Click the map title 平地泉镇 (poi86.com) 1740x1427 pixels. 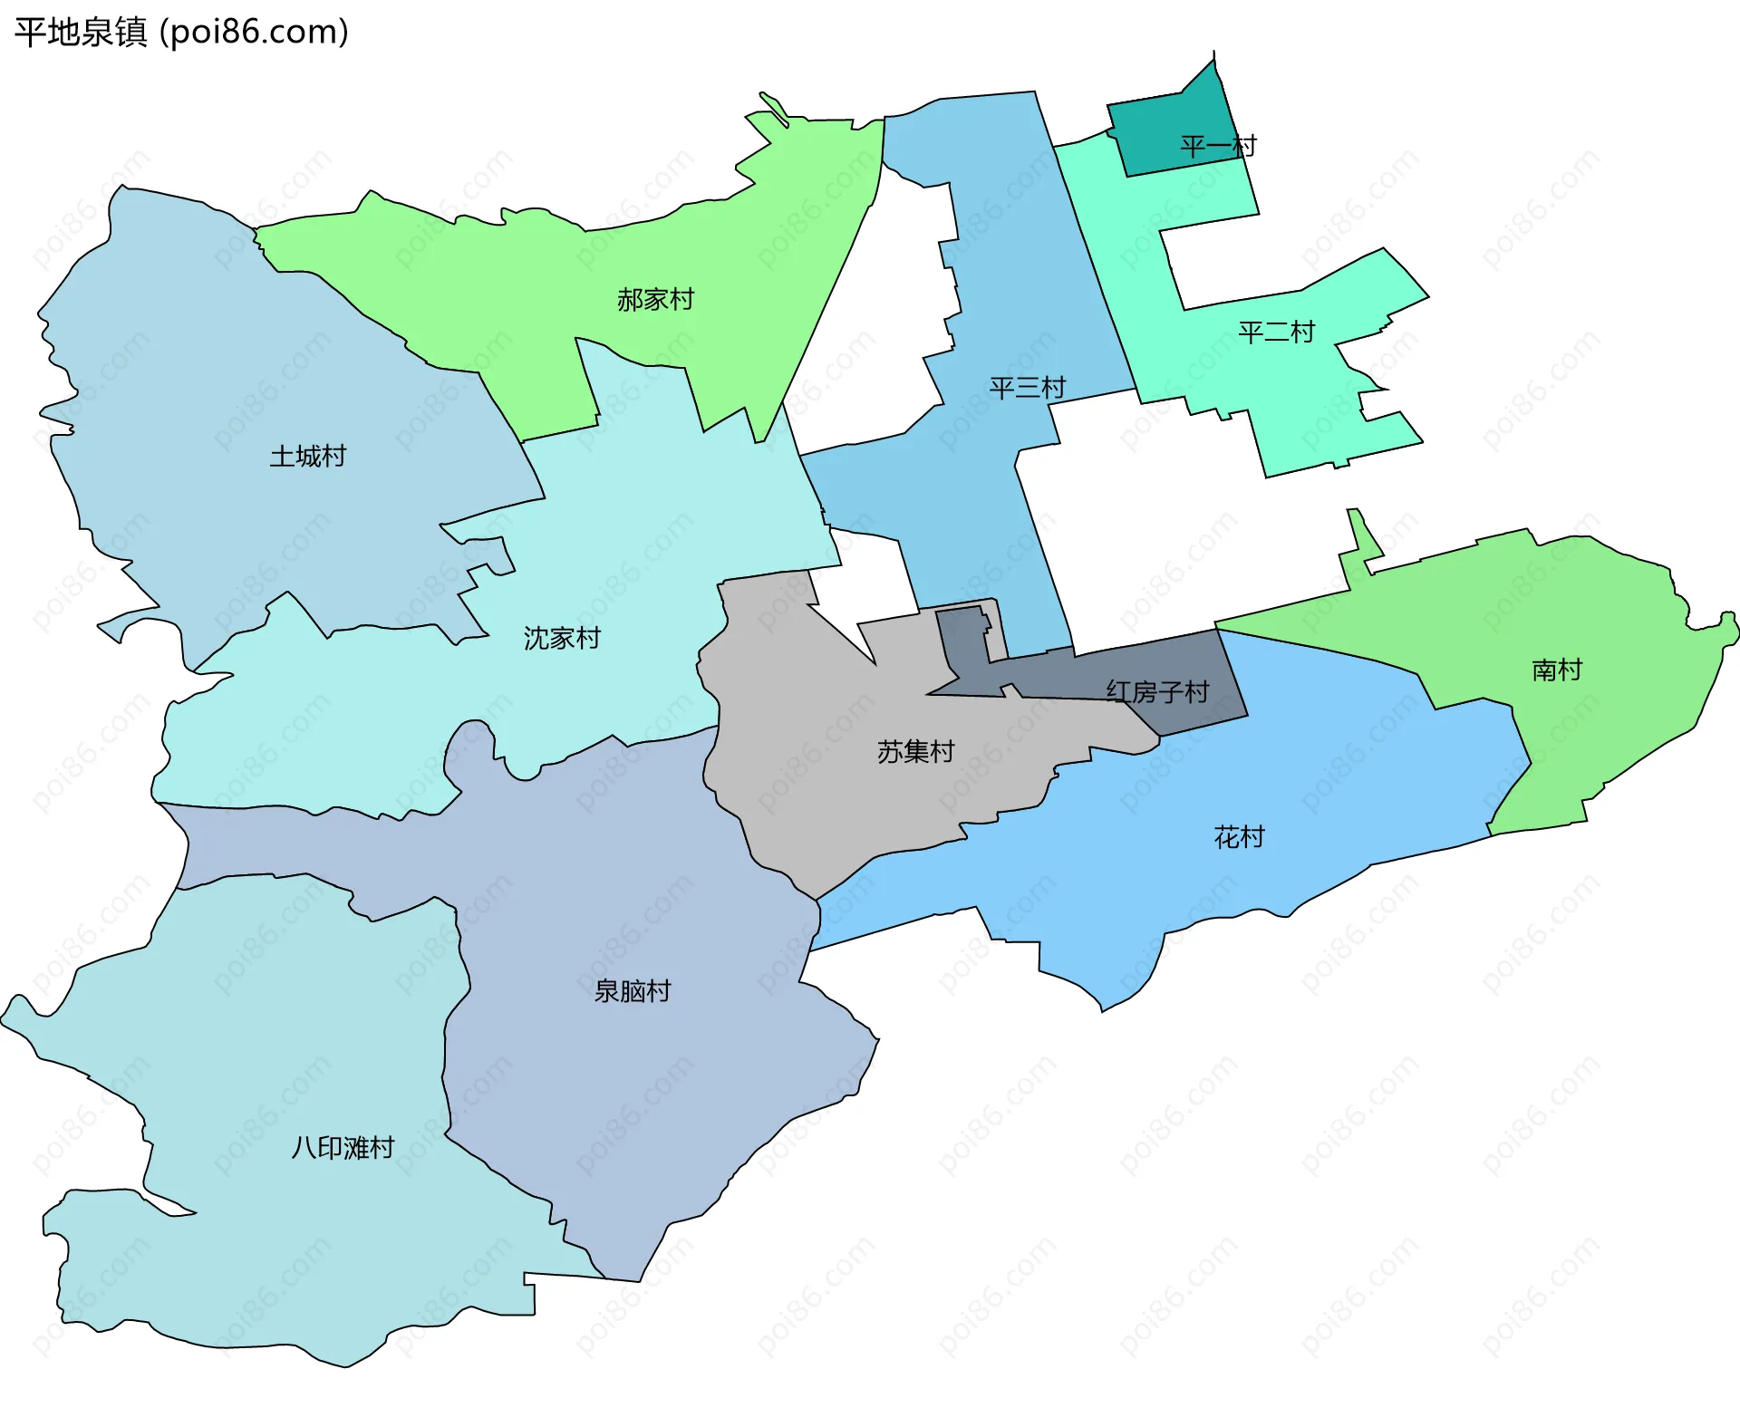pos(181,33)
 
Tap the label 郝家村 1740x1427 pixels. pos(655,300)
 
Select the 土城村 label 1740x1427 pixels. pos(308,457)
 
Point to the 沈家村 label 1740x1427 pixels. pos(562,639)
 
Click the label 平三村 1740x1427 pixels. pos(1027,389)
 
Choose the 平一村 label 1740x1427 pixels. pos(1218,147)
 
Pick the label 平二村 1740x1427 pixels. pos(1276,333)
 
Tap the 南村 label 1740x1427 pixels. pos(1557,670)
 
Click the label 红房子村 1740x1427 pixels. pos(1157,692)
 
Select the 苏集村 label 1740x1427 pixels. pos(915,752)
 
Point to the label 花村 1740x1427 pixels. pos(1239,837)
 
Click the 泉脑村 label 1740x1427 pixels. pos(633,991)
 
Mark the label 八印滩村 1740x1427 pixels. pos(343,1149)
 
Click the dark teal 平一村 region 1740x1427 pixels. pos(1169,127)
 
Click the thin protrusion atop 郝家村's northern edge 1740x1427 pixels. pos(773,106)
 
